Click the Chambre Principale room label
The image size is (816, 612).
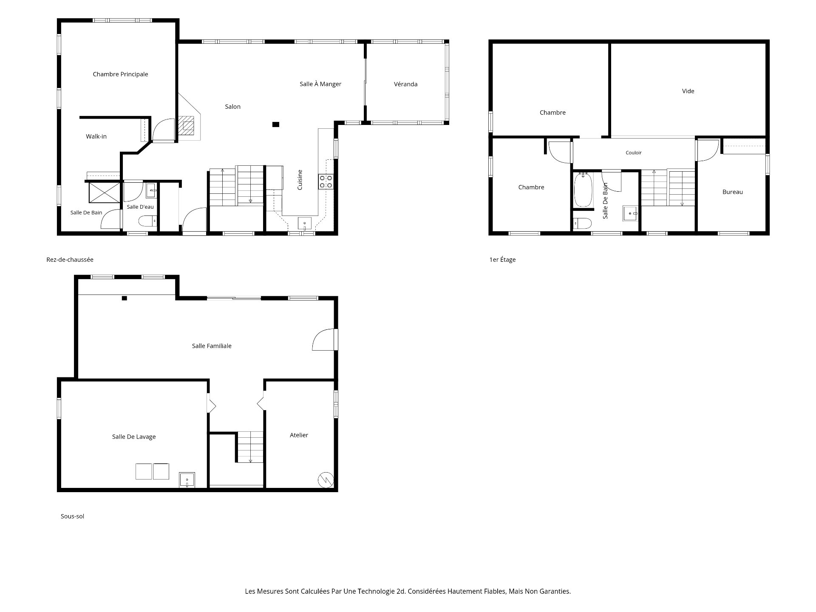pos(120,74)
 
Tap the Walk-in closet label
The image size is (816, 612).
pos(96,136)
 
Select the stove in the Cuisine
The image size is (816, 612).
pos(326,182)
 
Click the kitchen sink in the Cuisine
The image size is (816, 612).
pos(305,223)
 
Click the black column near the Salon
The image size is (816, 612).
pos(276,125)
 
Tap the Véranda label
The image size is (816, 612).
pos(405,84)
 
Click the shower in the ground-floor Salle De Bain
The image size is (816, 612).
pos(104,193)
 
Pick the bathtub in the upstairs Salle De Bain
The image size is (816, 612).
pos(583,190)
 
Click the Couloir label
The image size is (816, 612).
pos(634,153)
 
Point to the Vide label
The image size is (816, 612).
pos(688,91)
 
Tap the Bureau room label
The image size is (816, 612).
pos(733,192)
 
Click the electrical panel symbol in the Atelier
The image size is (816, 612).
pos(326,480)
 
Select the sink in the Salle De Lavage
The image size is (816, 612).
pos(187,480)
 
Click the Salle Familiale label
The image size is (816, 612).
pos(212,346)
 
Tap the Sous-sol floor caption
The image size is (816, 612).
pos(72,516)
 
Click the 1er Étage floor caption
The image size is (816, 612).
pos(502,260)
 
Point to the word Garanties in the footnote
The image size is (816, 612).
pos(555,591)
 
